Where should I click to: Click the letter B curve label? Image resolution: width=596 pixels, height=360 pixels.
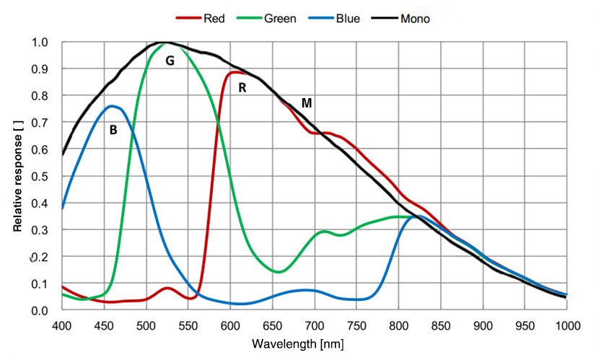point(113,131)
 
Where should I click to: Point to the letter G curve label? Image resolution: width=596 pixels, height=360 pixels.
point(170,61)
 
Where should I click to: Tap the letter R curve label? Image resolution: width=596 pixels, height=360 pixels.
point(242,88)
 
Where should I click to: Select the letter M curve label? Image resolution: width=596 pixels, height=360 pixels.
point(307,103)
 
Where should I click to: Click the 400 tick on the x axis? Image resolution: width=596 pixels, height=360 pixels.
point(63,325)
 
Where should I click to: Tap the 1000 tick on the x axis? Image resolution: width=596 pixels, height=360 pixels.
point(566,325)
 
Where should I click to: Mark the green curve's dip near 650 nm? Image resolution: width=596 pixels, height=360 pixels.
point(280,271)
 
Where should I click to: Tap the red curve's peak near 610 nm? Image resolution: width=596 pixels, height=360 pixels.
point(235,72)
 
